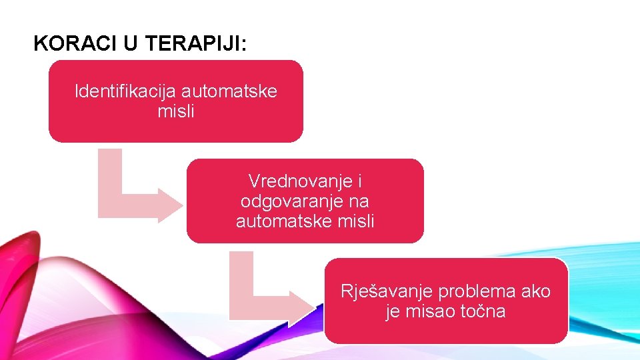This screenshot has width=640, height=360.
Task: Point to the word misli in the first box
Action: (176, 111)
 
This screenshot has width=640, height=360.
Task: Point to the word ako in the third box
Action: (536, 291)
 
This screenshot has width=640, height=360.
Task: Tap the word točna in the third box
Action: (483, 311)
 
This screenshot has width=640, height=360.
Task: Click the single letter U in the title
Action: (129, 44)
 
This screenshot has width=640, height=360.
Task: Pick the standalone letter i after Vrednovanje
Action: (359, 181)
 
